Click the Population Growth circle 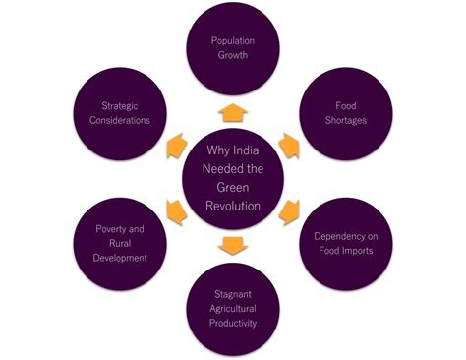tap(233, 48)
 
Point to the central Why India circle tap(233, 177)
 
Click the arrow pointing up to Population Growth tap(233, 110)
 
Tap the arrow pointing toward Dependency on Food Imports tap(289, 210)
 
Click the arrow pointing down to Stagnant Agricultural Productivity tap(233, 243)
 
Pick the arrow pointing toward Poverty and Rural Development tap(177, 210)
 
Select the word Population tap(233, 41)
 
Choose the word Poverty tap(120, 229)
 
